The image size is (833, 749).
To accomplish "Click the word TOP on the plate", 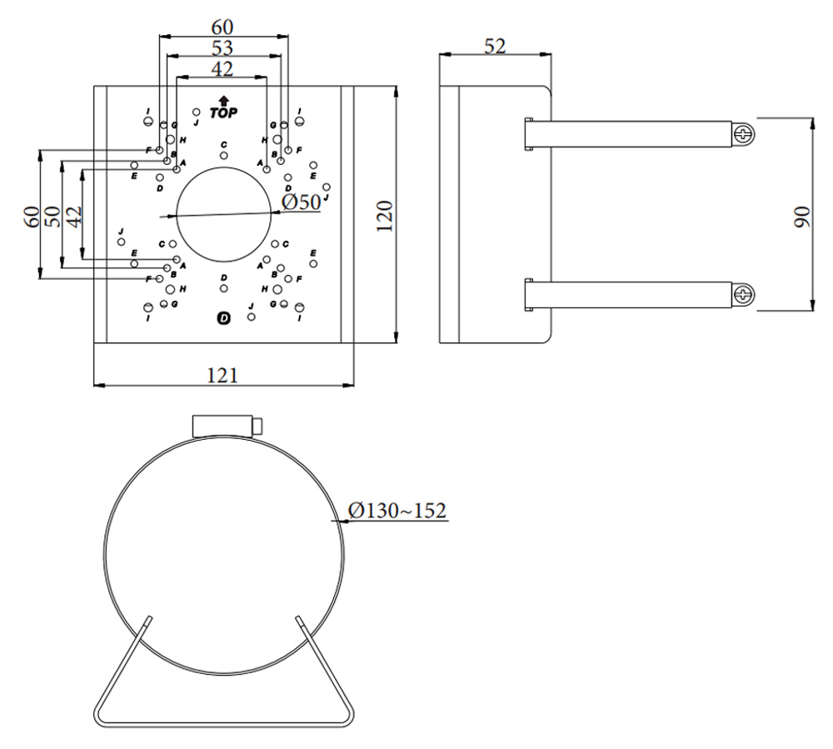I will click(223, 112).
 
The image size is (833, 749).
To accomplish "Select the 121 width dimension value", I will click(222, 375).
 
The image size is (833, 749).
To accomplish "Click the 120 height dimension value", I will click(384, 217).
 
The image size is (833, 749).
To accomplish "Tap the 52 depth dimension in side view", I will click(495, 47).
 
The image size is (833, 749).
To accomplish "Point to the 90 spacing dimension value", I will click(801, 217).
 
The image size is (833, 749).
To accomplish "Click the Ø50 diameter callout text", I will click(301, 202).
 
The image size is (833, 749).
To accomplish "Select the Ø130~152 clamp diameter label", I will click(397, 509).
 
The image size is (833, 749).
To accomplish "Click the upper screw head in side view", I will click(744, 133).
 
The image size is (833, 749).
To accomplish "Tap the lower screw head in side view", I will click(744, 293).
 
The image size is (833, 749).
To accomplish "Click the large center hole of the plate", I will click(223, 215).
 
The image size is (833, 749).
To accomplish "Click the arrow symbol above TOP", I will click(223, 100).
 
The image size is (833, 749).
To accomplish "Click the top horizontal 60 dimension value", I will click(222, 27).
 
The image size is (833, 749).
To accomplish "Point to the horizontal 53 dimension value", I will click(222, 47).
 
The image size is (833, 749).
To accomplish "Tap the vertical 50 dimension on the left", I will click(52, 217).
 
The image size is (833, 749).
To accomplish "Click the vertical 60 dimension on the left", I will click(31, 217).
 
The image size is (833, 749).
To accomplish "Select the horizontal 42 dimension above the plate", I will click(222, 68).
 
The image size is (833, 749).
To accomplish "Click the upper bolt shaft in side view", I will click(633, 133).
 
